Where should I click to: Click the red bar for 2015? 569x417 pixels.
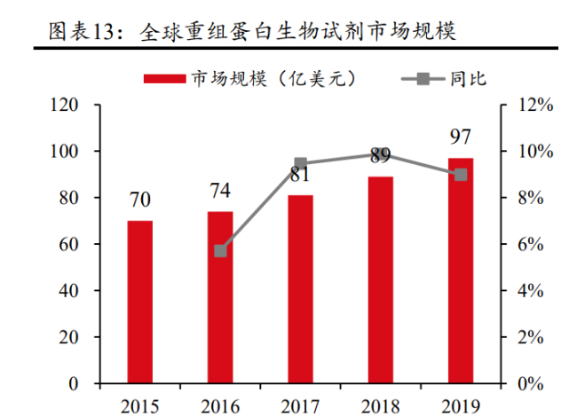point(139,302)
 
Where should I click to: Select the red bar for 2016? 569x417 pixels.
point(220,297)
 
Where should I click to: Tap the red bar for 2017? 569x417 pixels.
point(300,289)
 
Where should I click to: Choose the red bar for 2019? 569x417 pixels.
point(461,271)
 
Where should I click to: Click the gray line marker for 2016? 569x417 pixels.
point(220,251)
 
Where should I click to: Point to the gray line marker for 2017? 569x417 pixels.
point(300,164)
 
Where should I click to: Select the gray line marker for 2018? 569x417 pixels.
point(381,154)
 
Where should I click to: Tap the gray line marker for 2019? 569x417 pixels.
point(461,175)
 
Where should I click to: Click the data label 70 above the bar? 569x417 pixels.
point(139,201)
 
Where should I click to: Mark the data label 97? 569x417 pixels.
point(461,138)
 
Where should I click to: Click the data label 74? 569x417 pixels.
point(220,191)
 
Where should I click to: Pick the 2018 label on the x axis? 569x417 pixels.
point(381,405)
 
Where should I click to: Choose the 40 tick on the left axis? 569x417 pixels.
point(70,291)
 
